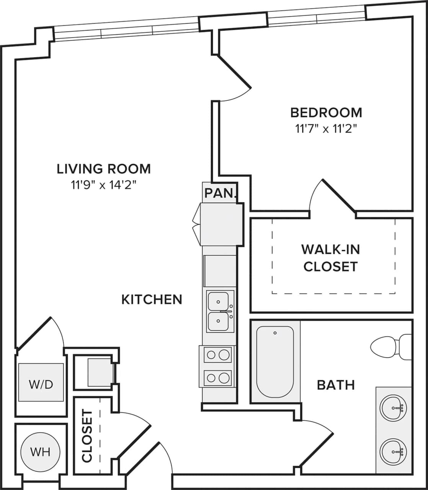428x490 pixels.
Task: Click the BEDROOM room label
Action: click(x=326, y=113)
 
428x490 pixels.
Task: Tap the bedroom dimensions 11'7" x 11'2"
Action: click(x=326, y=129)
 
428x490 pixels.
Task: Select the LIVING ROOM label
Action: click(x=104, y=169)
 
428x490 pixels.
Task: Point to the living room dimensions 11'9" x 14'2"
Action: click(x=104, y=186)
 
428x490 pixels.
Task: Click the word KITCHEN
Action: click(x=152, y=299)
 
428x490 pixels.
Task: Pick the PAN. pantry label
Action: click(x=220, y=193)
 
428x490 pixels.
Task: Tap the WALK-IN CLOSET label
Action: click(x=330, y=258)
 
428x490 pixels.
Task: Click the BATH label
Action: click(x=336, y=385)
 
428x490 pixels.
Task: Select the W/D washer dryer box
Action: click(x=41, y=382)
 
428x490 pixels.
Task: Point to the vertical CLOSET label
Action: click(x=87, y=436)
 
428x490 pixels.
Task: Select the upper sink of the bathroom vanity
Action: click(x=392, y=408)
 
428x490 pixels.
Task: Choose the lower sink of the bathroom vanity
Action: click(x=392, y=451)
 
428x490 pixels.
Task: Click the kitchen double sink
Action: click(x=220, y=311)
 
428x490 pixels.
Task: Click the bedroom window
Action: click(x=316, y=16)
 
